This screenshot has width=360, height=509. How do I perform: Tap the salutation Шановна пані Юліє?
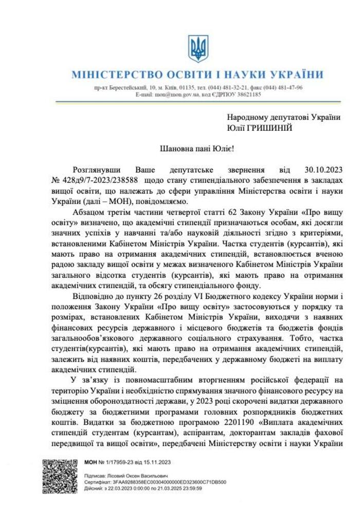point(197,149)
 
